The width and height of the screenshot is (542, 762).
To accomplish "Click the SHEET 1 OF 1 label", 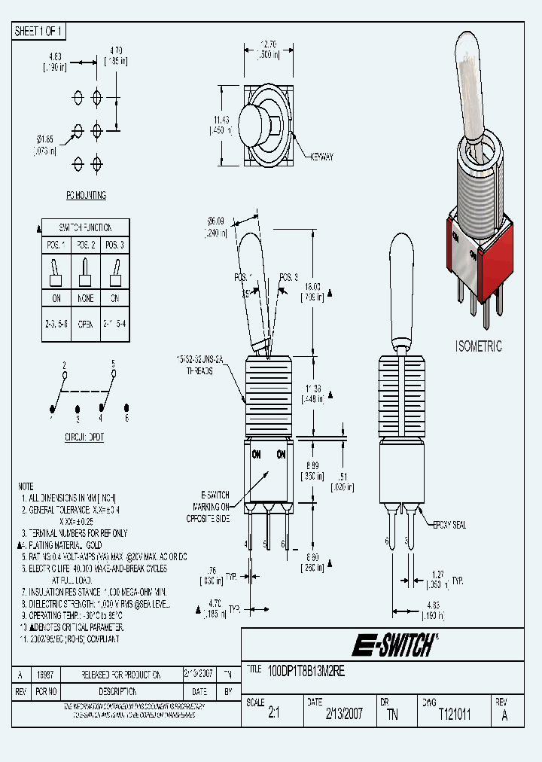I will [40, 31].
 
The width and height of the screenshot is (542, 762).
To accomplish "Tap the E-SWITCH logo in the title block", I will [394, 645].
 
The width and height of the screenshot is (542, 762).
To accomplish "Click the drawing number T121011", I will [454, 715].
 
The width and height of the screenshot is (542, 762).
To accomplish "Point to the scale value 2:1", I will [273, 715].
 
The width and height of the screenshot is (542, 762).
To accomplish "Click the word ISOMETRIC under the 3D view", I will [478, 346].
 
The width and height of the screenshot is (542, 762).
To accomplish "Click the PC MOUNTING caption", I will [86, 196].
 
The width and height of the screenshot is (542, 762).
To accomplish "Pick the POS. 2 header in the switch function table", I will [86, 245].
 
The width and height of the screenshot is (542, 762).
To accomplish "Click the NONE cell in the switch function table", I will [86, 299].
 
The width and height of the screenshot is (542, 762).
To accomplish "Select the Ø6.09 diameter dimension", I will [217, 225].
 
